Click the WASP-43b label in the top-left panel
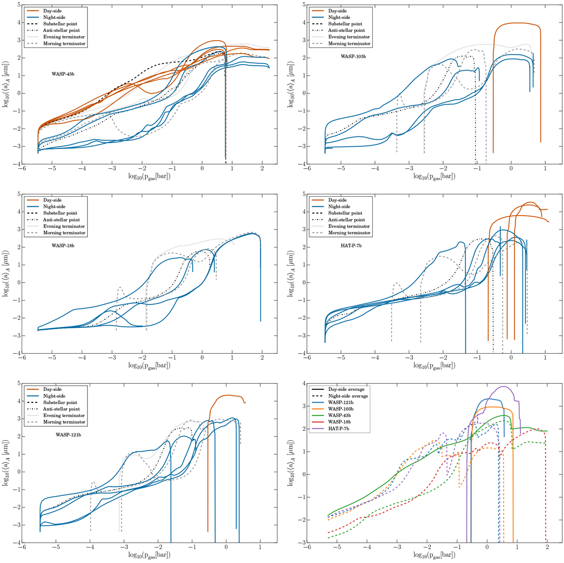coord(63,74)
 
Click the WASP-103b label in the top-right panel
coord(353,56)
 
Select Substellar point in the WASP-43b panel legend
coord(60,24)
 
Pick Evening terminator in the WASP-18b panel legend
coord(64,226)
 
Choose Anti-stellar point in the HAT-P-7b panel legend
coord(346,220)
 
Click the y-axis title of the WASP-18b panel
coord(7,273)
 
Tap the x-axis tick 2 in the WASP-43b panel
coord(262,169)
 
